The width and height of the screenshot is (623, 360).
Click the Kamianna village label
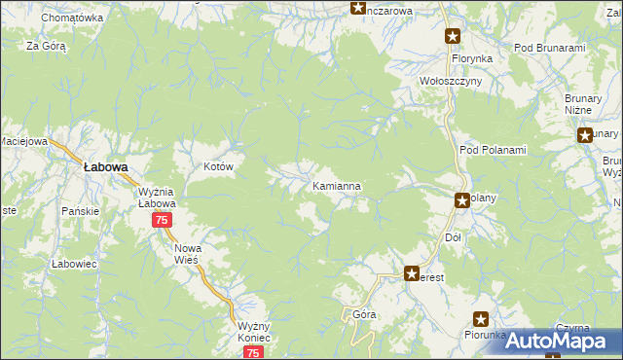tap(337, 185)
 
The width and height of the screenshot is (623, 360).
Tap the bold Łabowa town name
tap(106, 167)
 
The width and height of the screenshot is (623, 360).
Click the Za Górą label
tap(46, 46)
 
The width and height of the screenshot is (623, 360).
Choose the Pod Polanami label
tap(492, 150)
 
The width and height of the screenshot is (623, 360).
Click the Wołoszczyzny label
tap(451, 82)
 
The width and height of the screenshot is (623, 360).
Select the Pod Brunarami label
tap(549, 48)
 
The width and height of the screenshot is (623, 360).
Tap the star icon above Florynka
tap(453, 37)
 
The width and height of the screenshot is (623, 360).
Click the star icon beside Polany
tap(462, 201)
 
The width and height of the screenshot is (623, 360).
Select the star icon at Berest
tap(412, 275)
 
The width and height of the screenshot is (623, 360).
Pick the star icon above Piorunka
tap(481, 318)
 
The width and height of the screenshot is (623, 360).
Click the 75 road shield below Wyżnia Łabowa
tap(162, 221)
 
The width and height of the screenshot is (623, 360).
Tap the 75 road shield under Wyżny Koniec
tap(253, 353)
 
